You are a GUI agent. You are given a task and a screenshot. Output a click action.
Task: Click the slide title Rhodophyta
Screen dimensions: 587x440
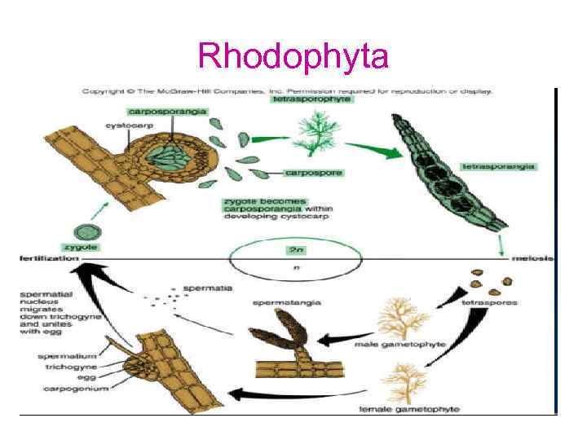point(293,56)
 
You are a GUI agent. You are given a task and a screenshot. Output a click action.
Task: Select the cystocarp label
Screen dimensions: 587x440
point(125,125)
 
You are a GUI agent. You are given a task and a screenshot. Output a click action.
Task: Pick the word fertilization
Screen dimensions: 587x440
point(48,258)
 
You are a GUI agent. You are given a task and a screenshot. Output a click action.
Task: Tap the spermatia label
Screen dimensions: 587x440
point(209,288)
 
